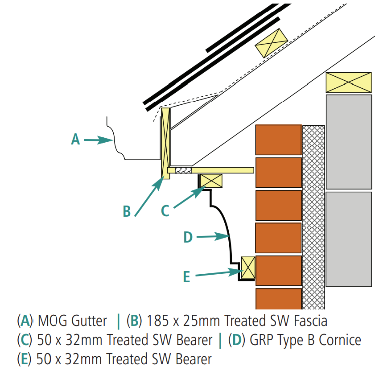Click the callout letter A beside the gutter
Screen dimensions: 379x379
pyautogui.click(x=76, y=140)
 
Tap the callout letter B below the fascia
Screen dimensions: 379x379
pyautogui.click(x=127, y=211)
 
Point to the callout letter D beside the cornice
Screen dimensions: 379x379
pyautogui.click(x=188, y=237)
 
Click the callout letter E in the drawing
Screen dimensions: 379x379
pyautogui.click(x=186, y=277)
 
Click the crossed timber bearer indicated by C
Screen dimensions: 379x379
pyautogui.click(x=211, y=181)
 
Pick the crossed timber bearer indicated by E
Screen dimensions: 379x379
pyautogui.click(x=248, y=268)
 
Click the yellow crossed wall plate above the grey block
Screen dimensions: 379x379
pyautogui.click(x=348, y=82)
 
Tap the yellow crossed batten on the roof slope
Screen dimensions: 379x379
pyautogui.click(x=271, y=42)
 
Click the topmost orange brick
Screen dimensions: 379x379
pyautogui.click(x=278, y=140)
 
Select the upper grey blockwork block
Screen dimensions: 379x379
pyautogui.click(x=349, y=141)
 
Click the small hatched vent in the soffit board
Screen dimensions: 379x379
pyautogui.click(x=183, y=170)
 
